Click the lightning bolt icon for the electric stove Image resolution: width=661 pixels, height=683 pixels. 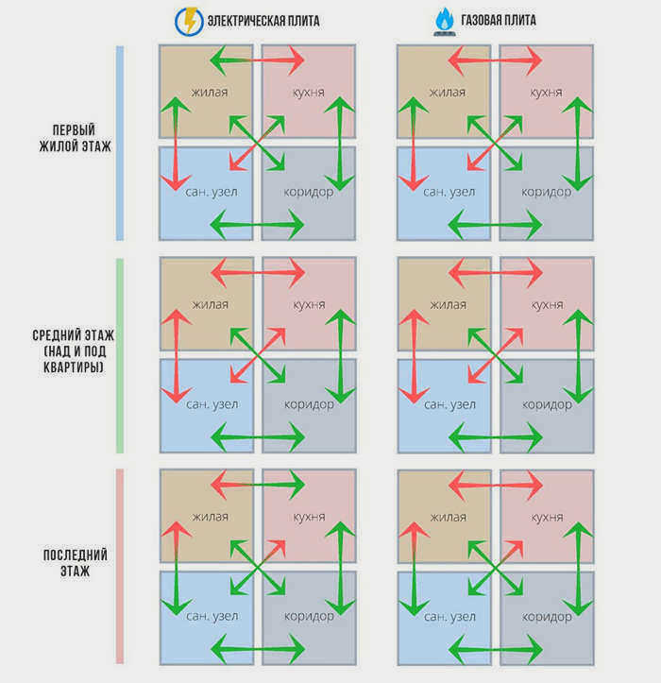pos(189,21)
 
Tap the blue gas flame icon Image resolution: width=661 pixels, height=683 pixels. pos(445,22)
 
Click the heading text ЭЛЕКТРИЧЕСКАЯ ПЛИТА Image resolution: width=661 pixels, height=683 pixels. pos(263,21)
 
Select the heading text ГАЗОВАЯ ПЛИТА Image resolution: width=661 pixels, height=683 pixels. pos(499,20)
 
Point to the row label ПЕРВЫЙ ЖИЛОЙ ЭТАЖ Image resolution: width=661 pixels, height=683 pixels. pos(75,138)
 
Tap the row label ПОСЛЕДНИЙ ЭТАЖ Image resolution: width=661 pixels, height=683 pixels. pos(75,563)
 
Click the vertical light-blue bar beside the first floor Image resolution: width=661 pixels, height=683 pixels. pos(120,143)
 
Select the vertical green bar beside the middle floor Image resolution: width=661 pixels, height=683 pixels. pos(120,355)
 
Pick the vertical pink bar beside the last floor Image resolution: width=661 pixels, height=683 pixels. pos(120,566)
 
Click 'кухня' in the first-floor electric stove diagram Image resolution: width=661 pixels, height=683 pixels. pos(308,93)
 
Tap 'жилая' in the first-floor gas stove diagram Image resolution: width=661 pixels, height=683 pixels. pos(448,93)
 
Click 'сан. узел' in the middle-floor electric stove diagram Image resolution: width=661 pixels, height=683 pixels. pos(212,404)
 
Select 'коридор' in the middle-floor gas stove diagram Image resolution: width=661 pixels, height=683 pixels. pos(547,405)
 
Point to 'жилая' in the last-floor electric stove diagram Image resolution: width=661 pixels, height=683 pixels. pos(210,517)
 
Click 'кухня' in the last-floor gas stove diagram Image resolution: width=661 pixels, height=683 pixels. pos(547,517)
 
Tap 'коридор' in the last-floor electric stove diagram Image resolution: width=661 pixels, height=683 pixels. pos(309,617)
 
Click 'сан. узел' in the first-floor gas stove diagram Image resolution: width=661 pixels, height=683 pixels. pos(449,192)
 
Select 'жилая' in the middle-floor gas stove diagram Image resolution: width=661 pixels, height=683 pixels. pos(449,304)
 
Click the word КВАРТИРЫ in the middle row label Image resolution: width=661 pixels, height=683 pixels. pos(74,367)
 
